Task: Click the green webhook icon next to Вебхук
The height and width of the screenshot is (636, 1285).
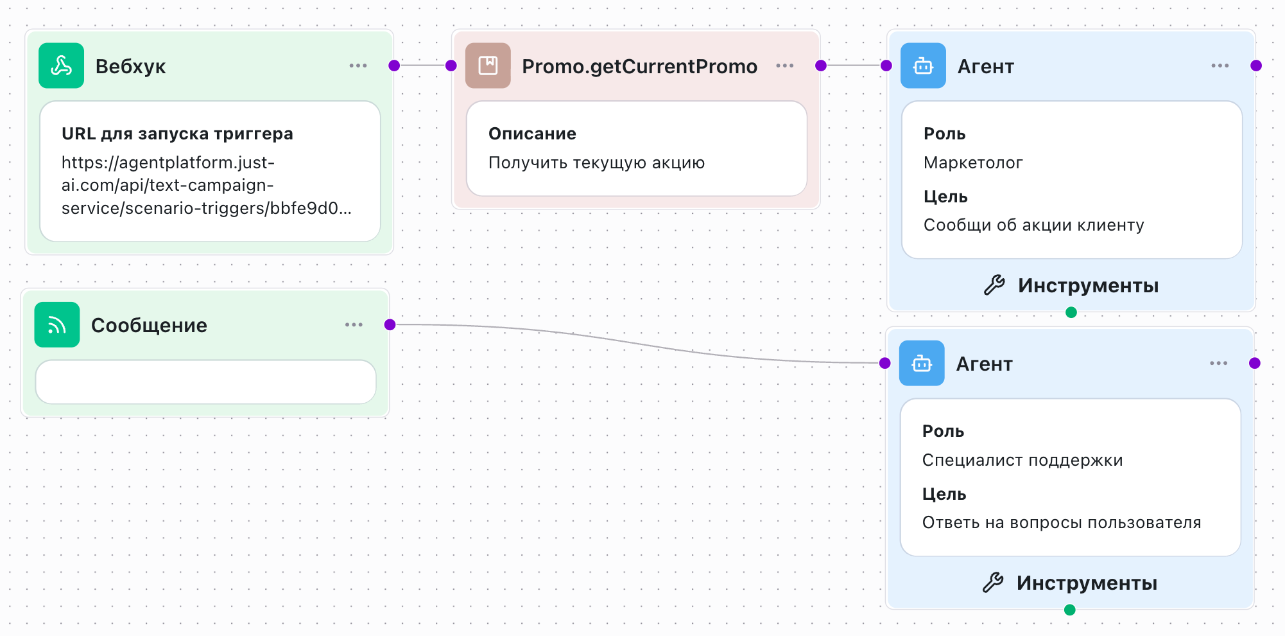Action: click(61, 66)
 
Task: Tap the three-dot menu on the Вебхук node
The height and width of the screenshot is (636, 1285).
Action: click(358, 66)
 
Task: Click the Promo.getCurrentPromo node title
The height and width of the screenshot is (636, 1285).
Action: click(639, 66)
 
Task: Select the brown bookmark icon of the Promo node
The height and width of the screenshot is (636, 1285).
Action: click(488, 66)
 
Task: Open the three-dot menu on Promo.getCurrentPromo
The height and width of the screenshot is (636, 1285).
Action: click(784, 66)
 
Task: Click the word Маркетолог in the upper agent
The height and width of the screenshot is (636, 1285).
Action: click(973, 163)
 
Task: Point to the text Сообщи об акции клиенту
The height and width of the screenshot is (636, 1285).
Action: click(1033, 225)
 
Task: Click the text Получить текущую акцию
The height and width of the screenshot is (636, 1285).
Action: click(596, 163)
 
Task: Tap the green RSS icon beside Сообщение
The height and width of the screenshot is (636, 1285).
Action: click(57, 325)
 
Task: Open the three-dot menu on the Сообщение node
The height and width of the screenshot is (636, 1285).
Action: click(354, 325)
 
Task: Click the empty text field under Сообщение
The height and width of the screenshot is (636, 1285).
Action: click(205, 382)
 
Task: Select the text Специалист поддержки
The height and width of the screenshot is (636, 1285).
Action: click(1022, 460)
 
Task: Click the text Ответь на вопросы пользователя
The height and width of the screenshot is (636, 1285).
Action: click(1062, 522)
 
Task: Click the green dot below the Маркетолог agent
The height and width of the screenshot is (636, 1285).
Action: click(1071, 312)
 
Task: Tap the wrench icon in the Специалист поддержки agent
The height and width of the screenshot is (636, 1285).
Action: click(993, 583)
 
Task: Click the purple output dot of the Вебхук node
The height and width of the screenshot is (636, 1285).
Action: click(394, 66)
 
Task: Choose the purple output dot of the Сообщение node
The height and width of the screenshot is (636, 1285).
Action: click(390, 324)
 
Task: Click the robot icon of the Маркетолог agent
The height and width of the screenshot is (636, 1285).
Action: click(923, 66)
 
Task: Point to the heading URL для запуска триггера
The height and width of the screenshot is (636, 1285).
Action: click(177, 134)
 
